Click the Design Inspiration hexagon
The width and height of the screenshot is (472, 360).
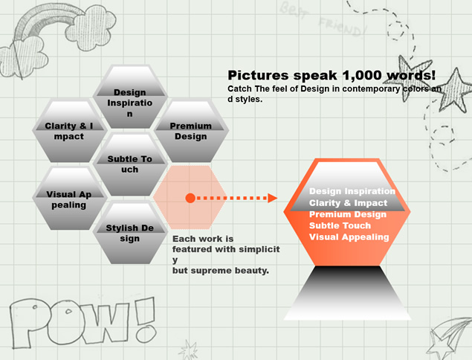click(130, 97)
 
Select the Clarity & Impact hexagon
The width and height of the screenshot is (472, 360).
click(69, 130)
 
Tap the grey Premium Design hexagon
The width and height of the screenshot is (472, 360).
click(191, 130)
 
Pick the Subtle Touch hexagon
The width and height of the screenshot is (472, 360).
click(130, 164)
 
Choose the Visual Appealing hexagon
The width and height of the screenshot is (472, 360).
click(69, 198)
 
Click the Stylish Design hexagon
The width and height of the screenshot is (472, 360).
click(130, 232)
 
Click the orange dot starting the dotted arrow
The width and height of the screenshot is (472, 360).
click(190, 198)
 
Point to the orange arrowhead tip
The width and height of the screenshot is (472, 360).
click(277, 199)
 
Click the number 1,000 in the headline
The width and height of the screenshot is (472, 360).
click(362, 75)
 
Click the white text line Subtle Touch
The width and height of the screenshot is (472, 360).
click(340, 225)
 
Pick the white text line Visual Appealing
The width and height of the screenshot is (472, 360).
click(349, 237)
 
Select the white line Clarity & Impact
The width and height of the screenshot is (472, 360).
click(348, 203)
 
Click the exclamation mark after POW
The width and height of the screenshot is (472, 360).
click(146, 319)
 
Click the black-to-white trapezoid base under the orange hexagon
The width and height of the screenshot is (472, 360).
click(347, 293)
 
